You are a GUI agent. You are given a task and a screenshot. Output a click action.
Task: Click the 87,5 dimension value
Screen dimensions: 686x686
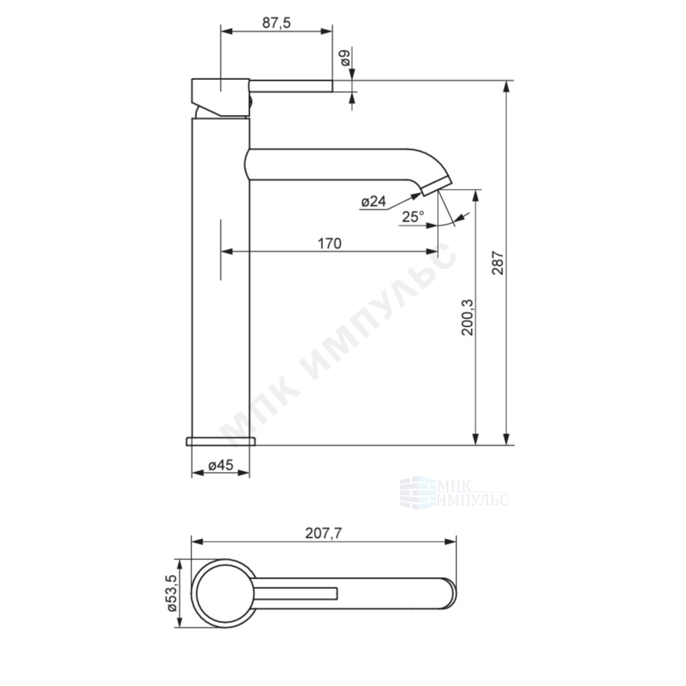click(x=276, y=23)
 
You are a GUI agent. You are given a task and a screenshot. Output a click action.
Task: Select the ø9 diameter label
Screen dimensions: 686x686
click(x=345, y=58)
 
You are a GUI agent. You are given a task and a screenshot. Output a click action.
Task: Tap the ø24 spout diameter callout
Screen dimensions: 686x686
click(x=373, y=202)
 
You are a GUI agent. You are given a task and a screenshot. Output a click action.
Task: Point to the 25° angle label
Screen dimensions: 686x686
click(x=413, y=216)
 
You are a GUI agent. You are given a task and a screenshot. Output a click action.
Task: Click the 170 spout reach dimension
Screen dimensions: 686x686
click(x=329, y=243)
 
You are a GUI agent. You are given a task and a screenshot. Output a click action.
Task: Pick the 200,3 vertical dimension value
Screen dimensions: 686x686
click(x=467, y=317)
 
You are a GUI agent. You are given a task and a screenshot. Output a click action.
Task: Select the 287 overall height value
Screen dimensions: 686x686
click(x=498, y=262)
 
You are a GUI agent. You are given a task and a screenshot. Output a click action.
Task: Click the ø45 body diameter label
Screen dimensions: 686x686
click(x=221, y=465)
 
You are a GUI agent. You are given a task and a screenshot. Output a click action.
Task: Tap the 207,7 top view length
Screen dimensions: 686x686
click(x=323, y=533)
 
